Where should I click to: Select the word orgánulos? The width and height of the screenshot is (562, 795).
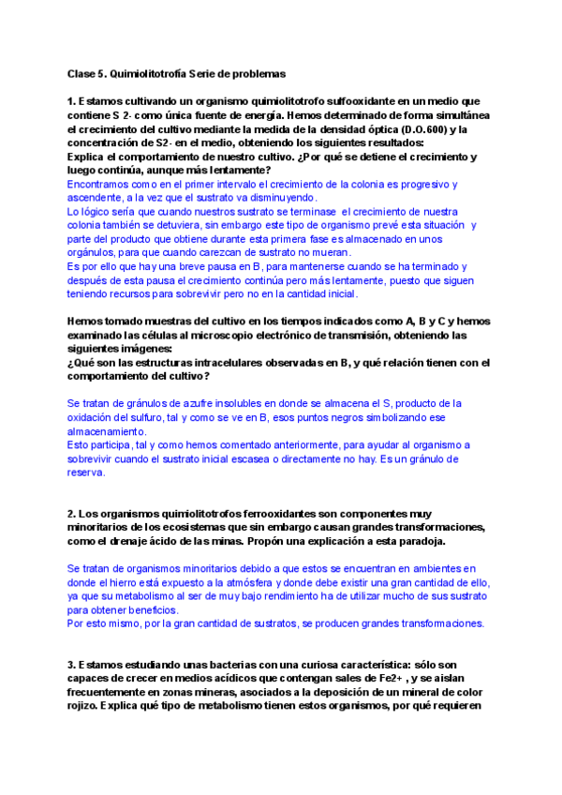tap(95, 252)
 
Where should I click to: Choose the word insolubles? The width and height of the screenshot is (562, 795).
tap(261, 403)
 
